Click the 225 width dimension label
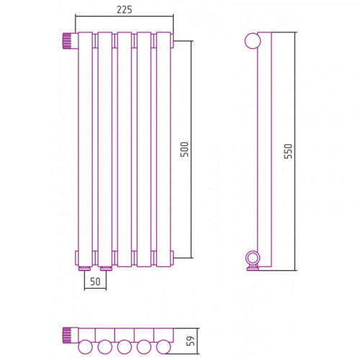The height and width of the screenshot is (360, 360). pyautogui.click(x=125, y=10)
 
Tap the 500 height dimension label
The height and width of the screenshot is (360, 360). pyautogui.click(x=184, y=149)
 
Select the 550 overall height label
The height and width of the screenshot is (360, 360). pyautogui.click(x=288, y=151)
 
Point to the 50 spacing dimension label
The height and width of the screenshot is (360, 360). pyautogui.click(x=95, y=282)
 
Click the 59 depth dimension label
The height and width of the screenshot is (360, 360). pyautogui.click(x=191, y=341)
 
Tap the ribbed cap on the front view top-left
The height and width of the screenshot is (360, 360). pyautogui.click(x=67, y=41)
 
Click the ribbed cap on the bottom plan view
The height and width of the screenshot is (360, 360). pyautogui.click(x=67, y=335)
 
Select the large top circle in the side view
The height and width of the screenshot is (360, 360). pyautogui.click(x=253, y=41)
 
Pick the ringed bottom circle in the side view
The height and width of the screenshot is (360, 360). pyautogui.click(x=253, y=258)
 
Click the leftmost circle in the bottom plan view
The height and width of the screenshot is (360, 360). pyautogui.click(x=85, y=347)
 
